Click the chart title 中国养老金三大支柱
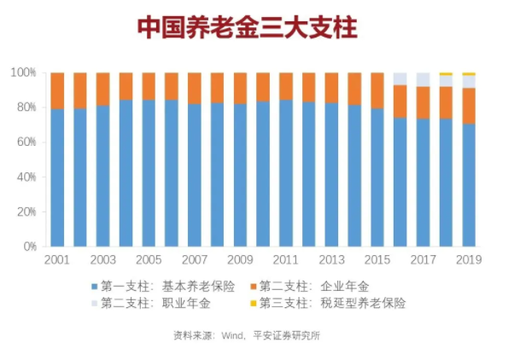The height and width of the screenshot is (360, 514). (x=247, y=28)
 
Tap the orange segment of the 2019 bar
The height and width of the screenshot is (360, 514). (x=468, y=106)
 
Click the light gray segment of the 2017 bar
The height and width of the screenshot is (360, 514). (x=423, y=79)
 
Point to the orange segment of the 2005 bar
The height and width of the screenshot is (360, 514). (x=149, y=86)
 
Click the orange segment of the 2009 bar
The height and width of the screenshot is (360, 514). (x=240, y=88)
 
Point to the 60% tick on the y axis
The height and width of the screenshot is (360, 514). (x=26, y=142)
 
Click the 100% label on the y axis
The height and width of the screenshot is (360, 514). (x=23, y=73)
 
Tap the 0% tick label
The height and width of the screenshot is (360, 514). (x=28, y=247)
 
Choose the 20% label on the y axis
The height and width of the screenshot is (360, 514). (x=26, y=212)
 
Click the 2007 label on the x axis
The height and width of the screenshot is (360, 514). (x=194, y=259)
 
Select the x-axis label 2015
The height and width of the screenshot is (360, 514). (x=377, y=259)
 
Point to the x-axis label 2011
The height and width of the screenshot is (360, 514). (x=285, y=259)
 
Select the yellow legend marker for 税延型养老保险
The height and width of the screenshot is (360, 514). (x=252, y=303)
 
